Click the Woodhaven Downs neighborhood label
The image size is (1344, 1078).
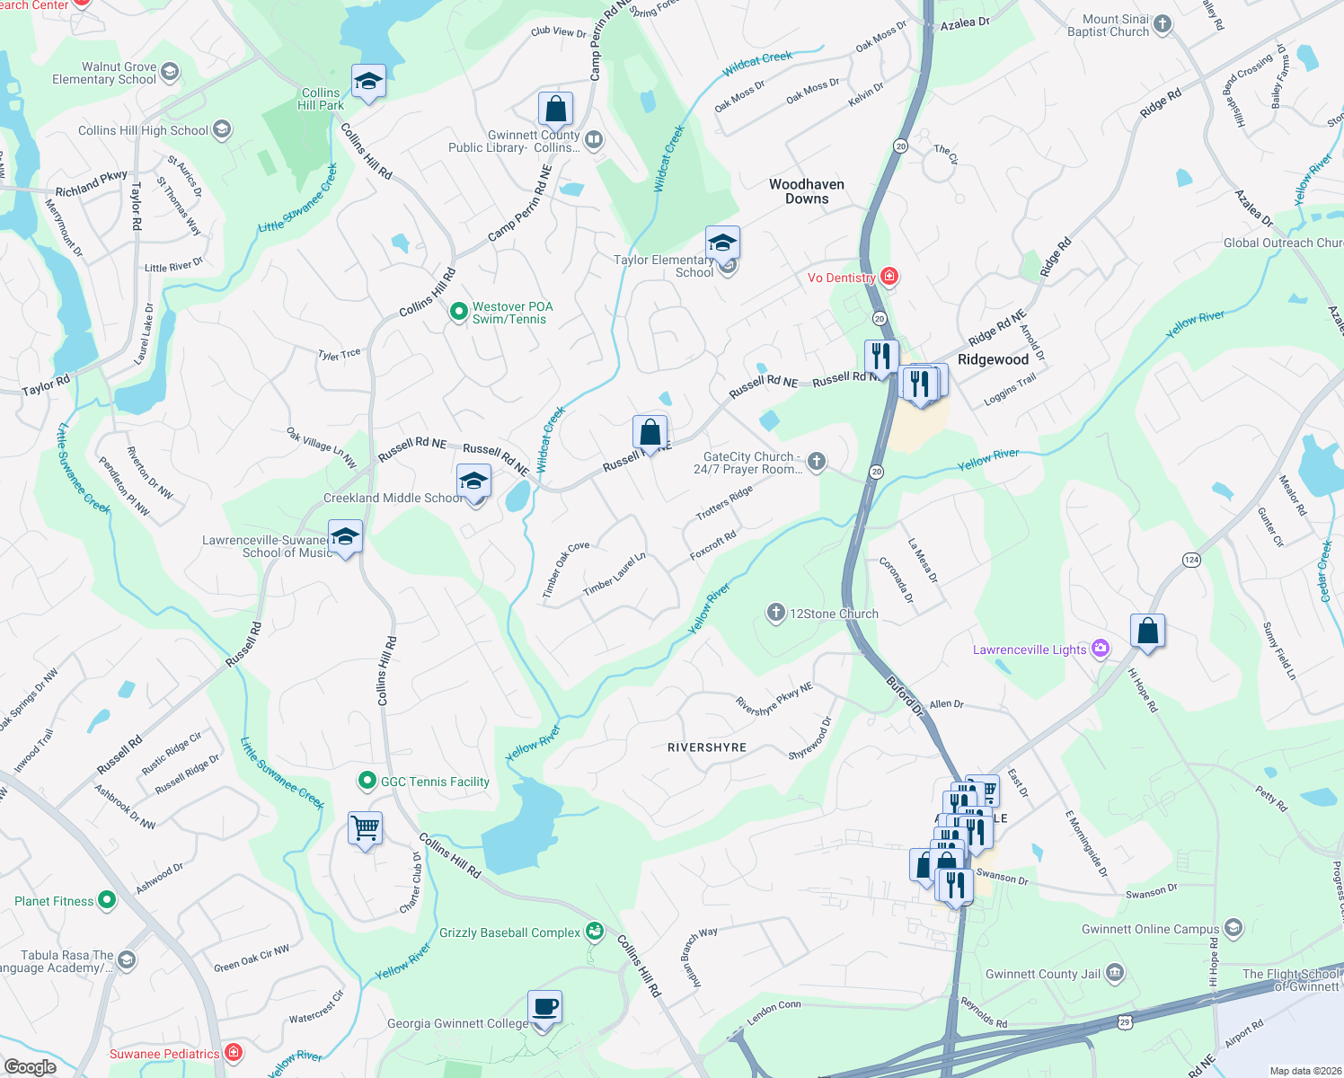(807, 191)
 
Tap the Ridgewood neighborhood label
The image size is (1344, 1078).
(993, 359)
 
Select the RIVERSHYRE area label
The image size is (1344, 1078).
(707, 747)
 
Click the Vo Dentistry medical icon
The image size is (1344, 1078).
(889, 277)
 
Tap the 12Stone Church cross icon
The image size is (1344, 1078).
(775, 613)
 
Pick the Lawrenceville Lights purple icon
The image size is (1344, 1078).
(1101, 649)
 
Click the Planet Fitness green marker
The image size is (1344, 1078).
(107, 899)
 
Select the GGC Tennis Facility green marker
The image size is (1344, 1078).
(367, 781)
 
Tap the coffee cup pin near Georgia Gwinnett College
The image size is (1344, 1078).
(544, 1008)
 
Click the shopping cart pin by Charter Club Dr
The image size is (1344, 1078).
(366, 829)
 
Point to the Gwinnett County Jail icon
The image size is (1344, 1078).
(1114, 973)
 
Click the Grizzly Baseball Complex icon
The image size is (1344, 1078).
(594, 932)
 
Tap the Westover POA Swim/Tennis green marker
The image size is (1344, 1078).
(459, 312)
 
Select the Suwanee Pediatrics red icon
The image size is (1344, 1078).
(234, 1052)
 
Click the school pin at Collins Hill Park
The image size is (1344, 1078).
(368, 83)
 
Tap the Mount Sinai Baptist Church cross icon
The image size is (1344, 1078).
(1163, 24)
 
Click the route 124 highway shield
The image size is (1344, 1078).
(1191, 560)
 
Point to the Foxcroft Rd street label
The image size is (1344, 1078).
(713, 545)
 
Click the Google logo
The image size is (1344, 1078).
(30, 1067)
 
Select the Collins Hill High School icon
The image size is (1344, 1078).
(222, 130)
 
